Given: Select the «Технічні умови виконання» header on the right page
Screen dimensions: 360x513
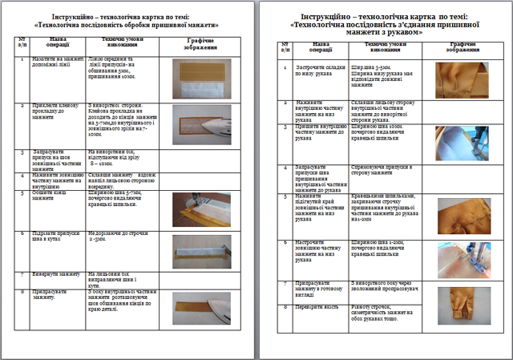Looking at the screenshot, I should [378, 47].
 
